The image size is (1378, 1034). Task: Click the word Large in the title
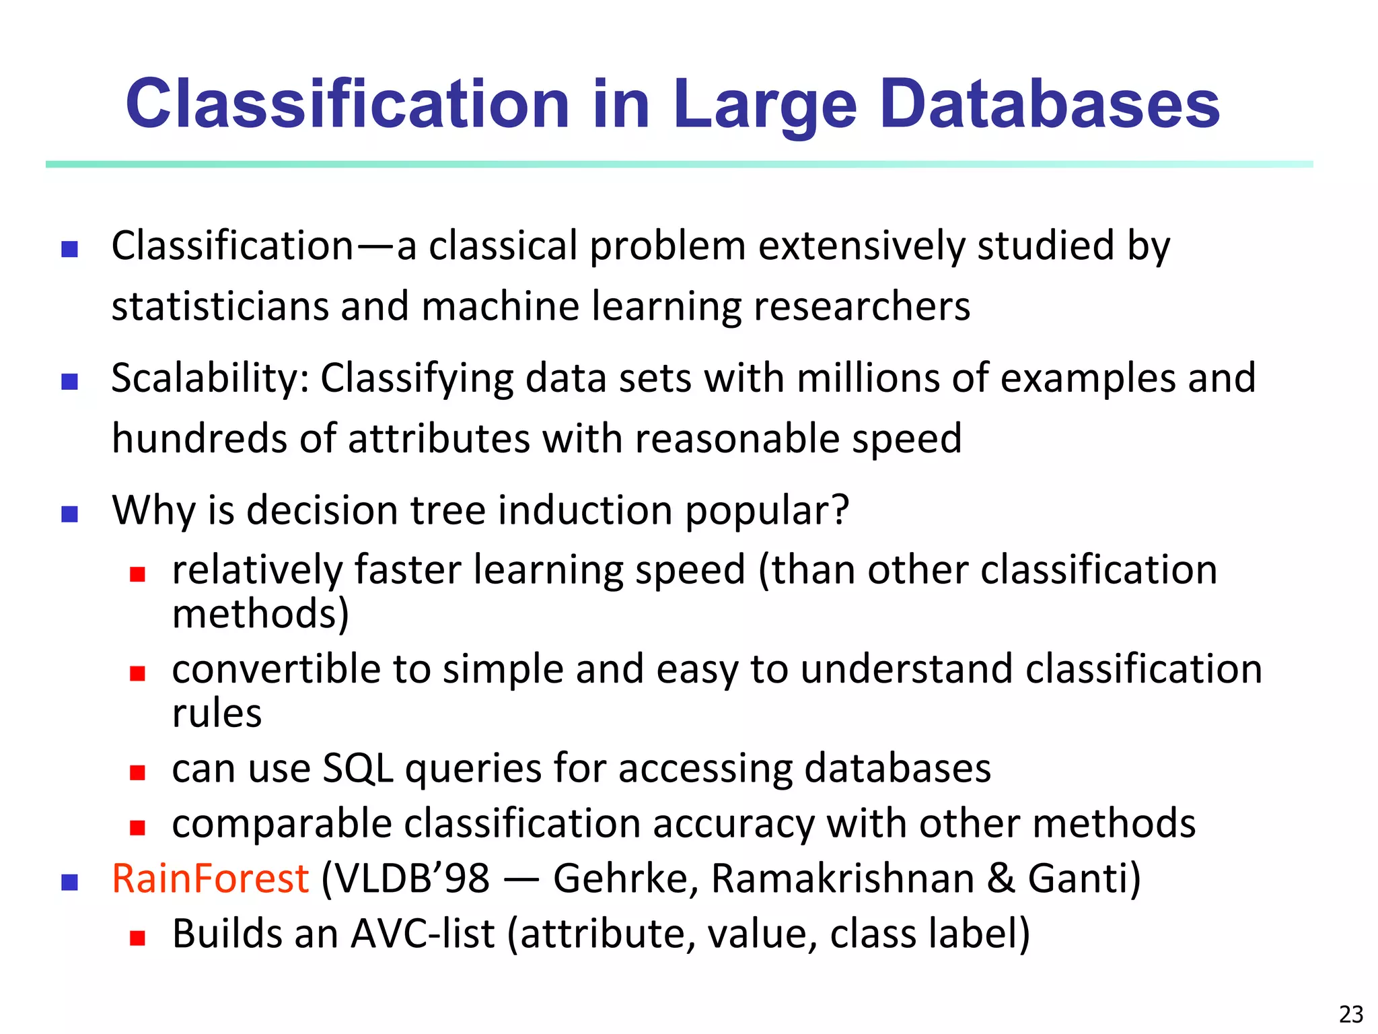765,104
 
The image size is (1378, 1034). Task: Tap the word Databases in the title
1050,104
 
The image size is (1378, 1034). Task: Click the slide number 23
1351,1014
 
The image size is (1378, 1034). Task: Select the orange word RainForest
210,878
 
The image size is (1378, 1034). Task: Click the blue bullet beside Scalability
69,382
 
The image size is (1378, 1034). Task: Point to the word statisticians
219,306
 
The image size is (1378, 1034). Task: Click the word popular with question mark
767,511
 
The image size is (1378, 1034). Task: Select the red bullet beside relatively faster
138,574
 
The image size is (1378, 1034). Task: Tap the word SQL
357,769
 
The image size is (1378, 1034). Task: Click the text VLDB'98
413,878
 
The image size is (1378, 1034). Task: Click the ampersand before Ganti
1001,878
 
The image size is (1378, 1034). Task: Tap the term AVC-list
423,934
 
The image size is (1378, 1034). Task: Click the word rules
217,714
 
